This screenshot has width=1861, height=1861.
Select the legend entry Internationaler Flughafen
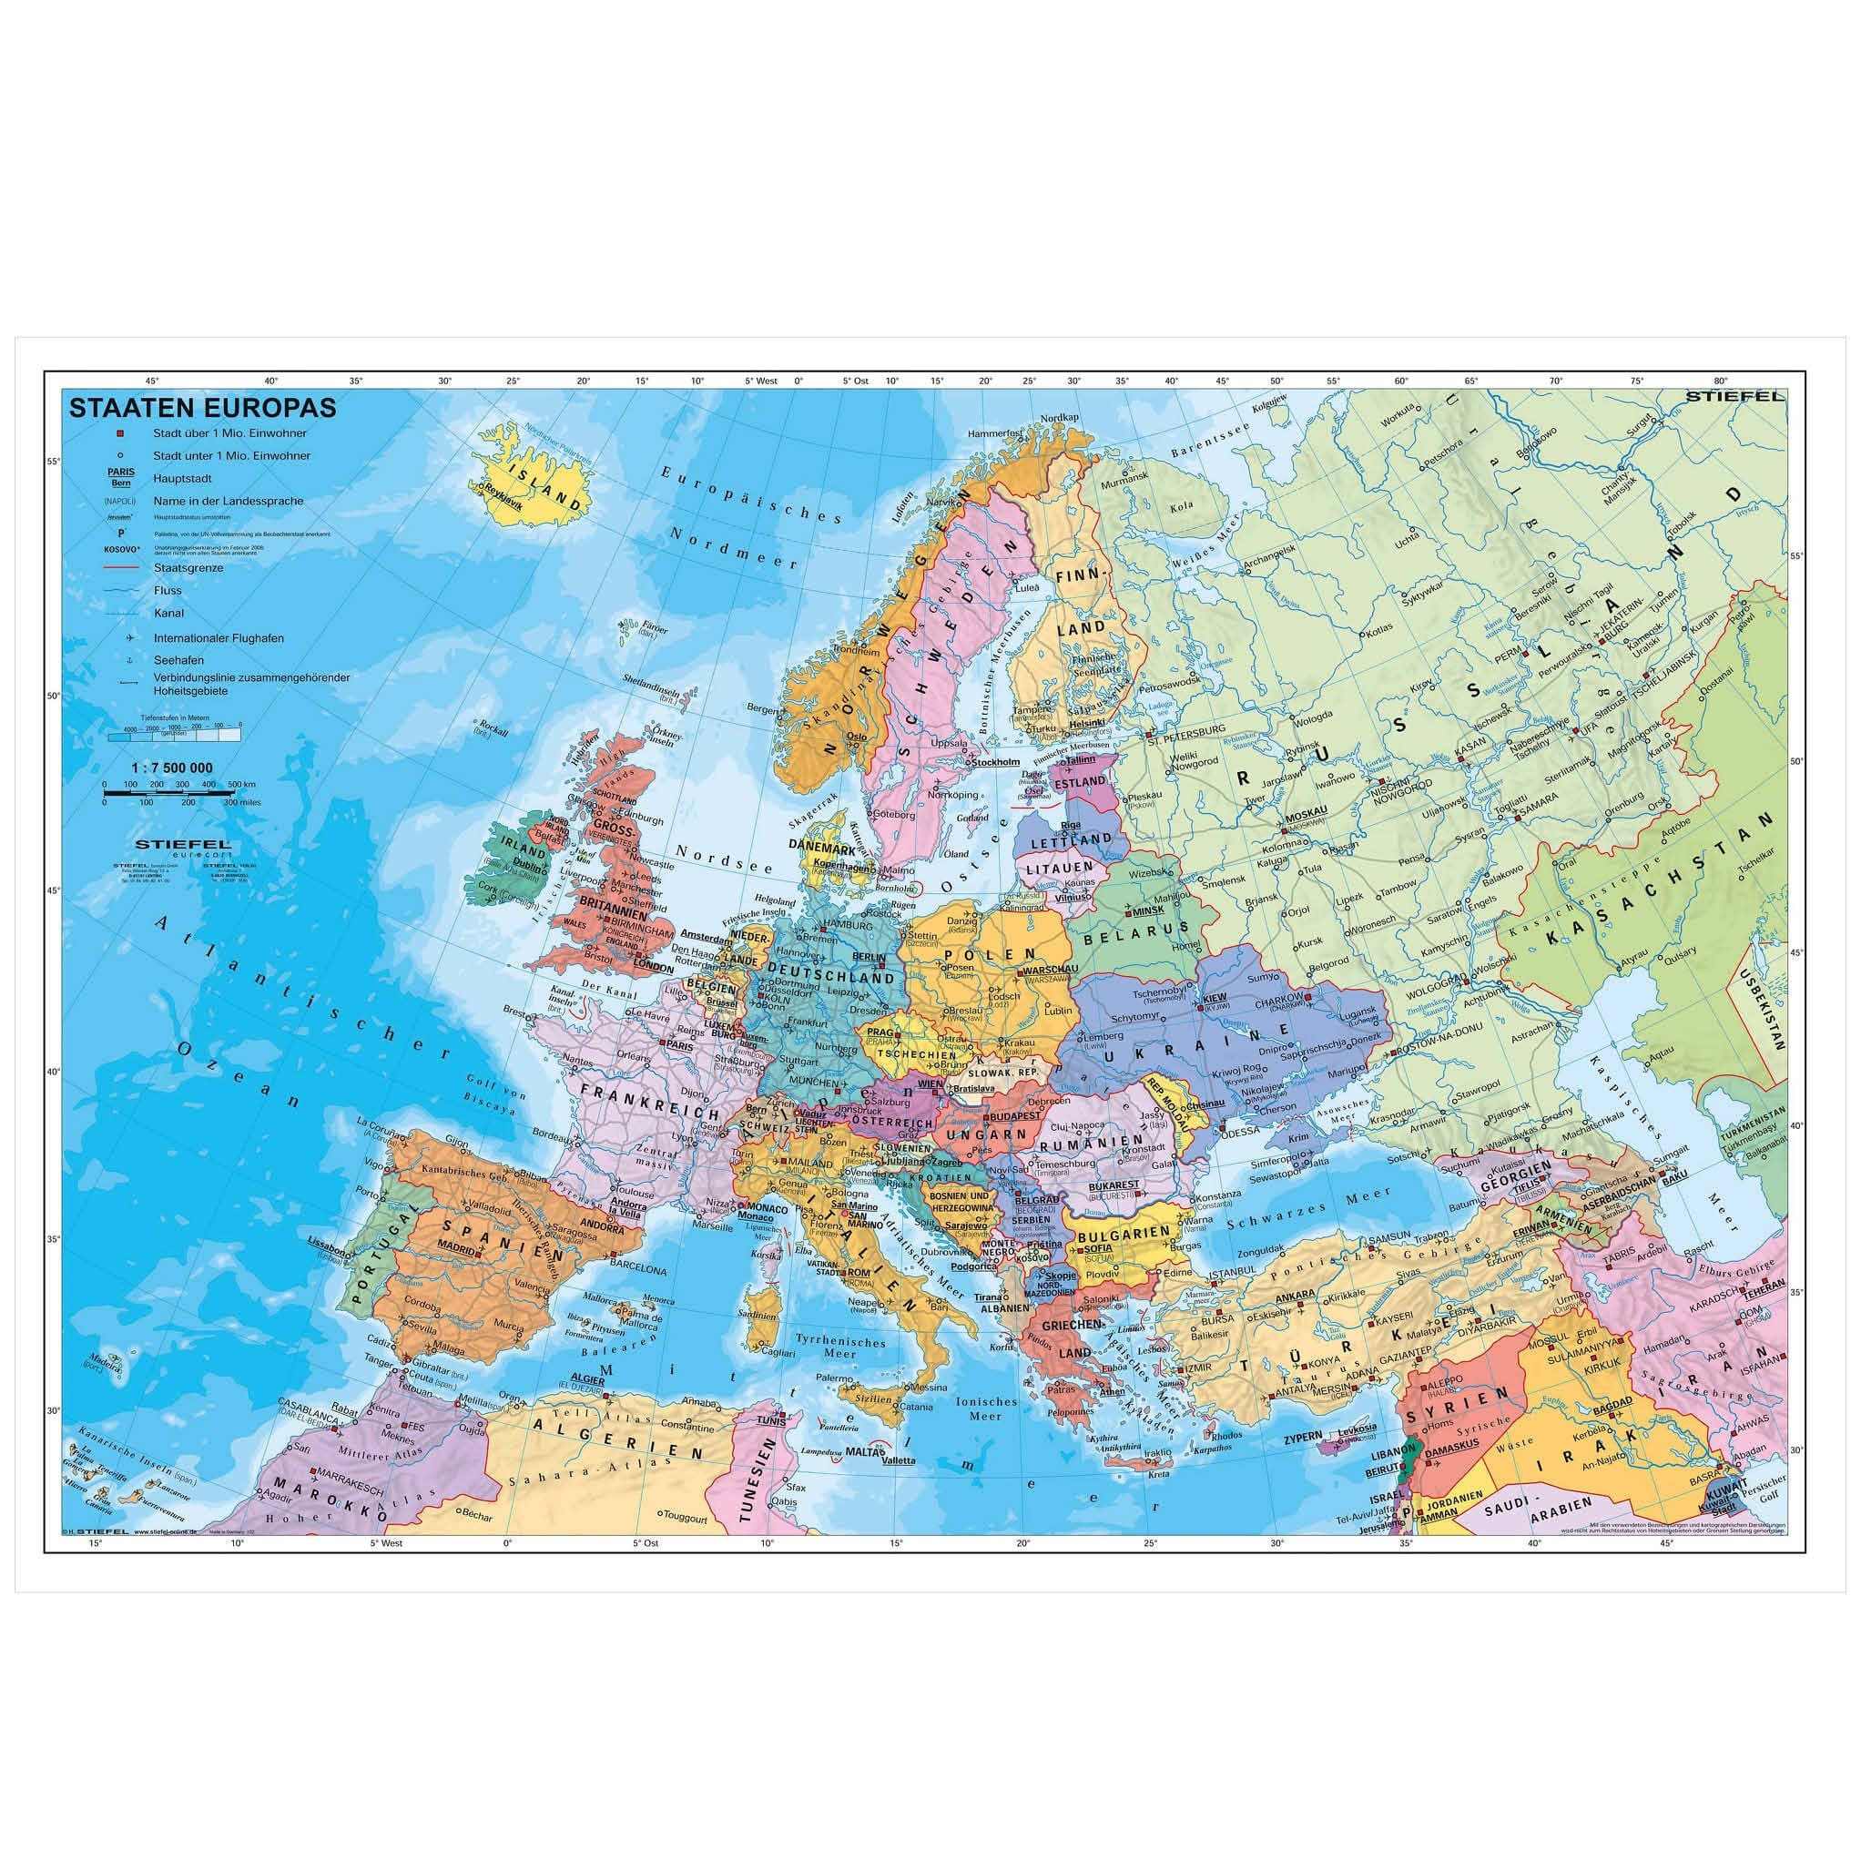point(218,637)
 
